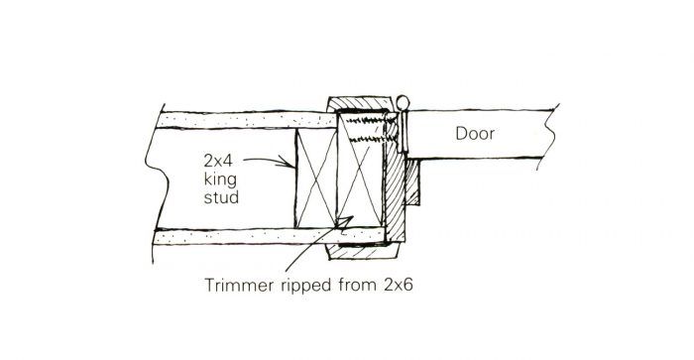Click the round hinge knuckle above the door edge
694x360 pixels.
(x=403, y=102)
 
